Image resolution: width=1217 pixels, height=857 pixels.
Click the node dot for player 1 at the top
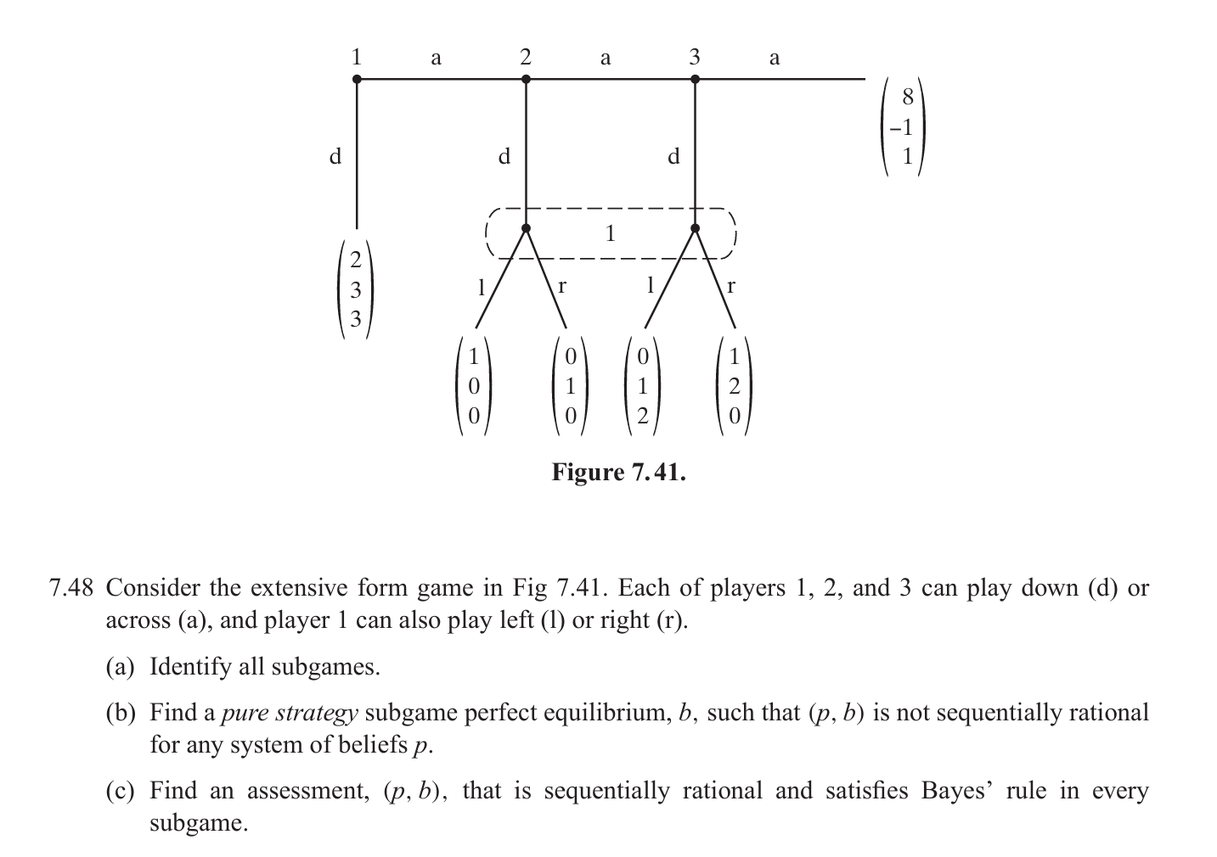click(x=357, y=79)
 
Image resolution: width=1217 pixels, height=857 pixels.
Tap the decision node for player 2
click(x=526, y=79)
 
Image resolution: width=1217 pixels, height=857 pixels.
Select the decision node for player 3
click(x=695, y=79)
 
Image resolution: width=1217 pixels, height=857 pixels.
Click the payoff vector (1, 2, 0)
click(x=735, y=386)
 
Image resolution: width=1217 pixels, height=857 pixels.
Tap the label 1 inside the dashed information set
click(x=609, y=233)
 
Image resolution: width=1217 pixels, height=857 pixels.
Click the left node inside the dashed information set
click(x=526, y=228)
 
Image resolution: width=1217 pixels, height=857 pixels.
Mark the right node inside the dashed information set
click(x=695, y=228)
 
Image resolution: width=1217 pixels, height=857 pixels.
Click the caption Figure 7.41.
click(x=618, y=472)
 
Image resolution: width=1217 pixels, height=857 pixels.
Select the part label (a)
click(x=120, y=667)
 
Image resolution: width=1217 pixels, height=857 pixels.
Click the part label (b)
click(x=120, y=713)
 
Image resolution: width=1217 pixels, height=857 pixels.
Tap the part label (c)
click(x=120, y=792)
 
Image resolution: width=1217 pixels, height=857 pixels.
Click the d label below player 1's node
click(x=336, y=156)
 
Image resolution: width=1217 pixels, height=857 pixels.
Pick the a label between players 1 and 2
click(x=436, y=58)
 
